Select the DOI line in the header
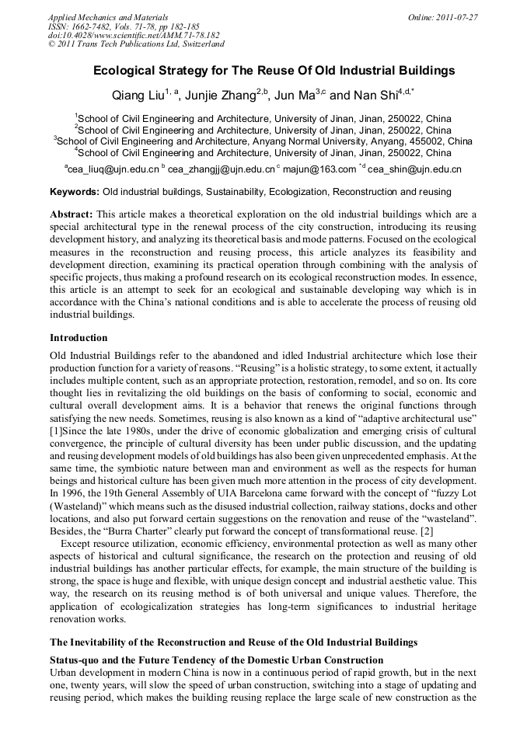pos(134,35)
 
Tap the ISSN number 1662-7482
pos(101,26)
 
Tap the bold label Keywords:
pos(75,191)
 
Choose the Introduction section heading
pos(79,338)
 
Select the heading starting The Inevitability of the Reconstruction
pos(233,642)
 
